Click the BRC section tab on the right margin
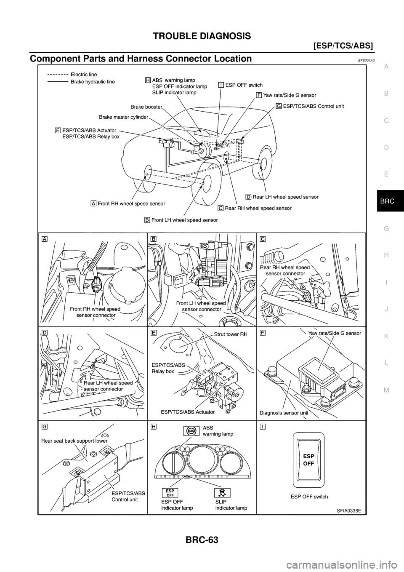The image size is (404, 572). point(386,202)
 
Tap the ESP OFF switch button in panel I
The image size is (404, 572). point(309,459)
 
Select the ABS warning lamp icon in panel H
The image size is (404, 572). point(191,431)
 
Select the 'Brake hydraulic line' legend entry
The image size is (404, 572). point(92,81)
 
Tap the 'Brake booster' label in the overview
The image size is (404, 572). point(146,107)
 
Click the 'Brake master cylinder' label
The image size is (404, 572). point(123,117)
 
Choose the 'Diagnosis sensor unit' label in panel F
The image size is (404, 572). point(284,413)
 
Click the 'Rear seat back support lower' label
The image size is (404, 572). point(74,441)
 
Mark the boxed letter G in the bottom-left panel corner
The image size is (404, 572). point(44,426)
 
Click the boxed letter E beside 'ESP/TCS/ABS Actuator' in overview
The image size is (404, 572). point(58,130)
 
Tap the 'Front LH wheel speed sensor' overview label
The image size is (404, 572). point(184,220)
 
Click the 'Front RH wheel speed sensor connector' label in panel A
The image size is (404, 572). point(95,312)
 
